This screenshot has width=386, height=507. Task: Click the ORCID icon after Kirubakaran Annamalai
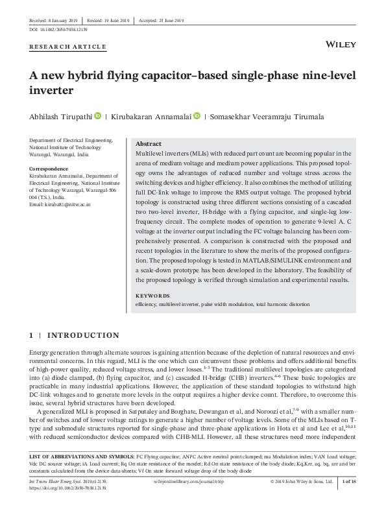pyautogui.click(x=197, y=116)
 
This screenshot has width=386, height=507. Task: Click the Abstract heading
pyautogui.click(x=148, y=144)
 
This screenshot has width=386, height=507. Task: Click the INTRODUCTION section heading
pyautogui.click(x=84, y=335)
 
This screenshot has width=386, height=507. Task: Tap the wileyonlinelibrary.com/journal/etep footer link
pyautogui.click(x=188, y=482)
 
